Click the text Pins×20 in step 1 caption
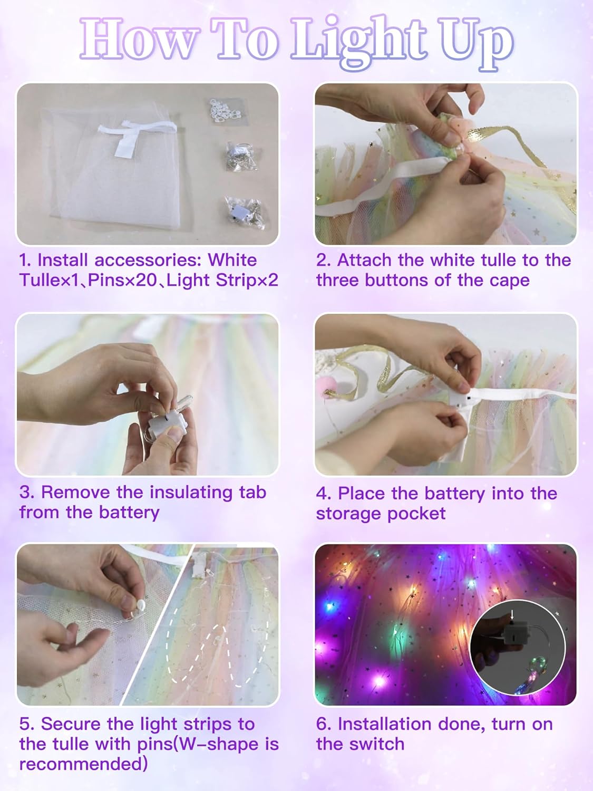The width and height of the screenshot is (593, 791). pos(123,280)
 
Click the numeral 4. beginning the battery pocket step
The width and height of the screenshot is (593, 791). pos(323,494)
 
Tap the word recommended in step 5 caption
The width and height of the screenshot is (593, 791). pos(83,764)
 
